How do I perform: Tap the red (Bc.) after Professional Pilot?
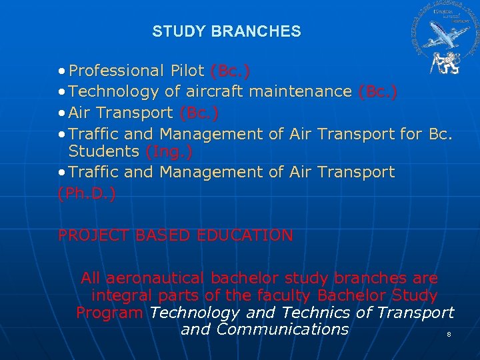point(231,70)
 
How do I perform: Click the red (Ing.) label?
point(169,151)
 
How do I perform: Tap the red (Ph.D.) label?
point(87,193)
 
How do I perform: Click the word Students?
point(104,151)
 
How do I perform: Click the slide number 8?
point(449,334)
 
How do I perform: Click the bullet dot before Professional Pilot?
point(61,71)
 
